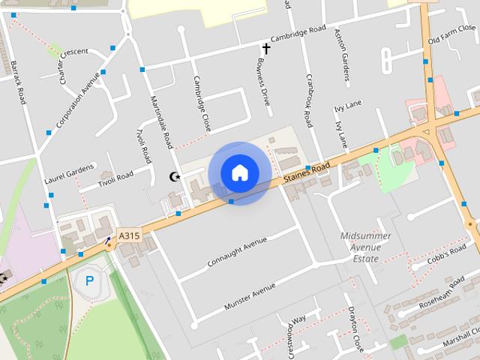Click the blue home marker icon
tap(239, 172)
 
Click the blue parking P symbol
tap(90, 281)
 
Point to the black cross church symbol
tap(265, 47)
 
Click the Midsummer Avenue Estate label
tap(366, 247)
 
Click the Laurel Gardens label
tap(70, 172)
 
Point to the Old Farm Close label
tap(451, 34)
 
